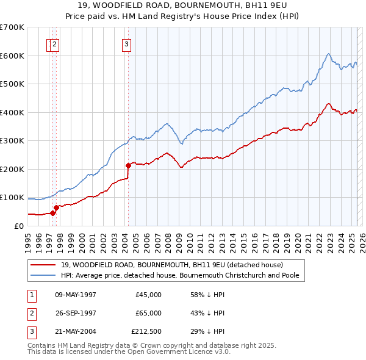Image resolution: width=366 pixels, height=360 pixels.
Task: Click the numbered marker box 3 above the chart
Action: pyautogui.click(x=126, y=43)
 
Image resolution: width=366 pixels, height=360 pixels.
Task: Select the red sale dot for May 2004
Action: pyautogui.click(x=128, y=165)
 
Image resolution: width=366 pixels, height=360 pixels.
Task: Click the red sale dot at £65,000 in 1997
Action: pyautogui.click(x=56, y=207)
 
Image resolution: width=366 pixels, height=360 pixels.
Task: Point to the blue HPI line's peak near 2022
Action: pyautogui.click(x=328, y=54)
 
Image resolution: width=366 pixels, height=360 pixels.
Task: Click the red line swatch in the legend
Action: pyautogui.click(x=43, y=265)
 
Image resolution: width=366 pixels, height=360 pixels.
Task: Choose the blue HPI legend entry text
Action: pyautogui.click(x=182, y=276)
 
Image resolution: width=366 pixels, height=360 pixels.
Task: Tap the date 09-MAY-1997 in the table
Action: pyautogui.click(x=76, y=295)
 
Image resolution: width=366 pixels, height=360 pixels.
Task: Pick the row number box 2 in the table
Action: pyautogui.click(x=30, y=313)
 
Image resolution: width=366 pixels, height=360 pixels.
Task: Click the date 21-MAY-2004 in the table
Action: pyautogui.click(x=76, y=331)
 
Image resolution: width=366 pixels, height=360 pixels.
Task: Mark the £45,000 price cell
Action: pyautogui.click(x=149, y=295)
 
